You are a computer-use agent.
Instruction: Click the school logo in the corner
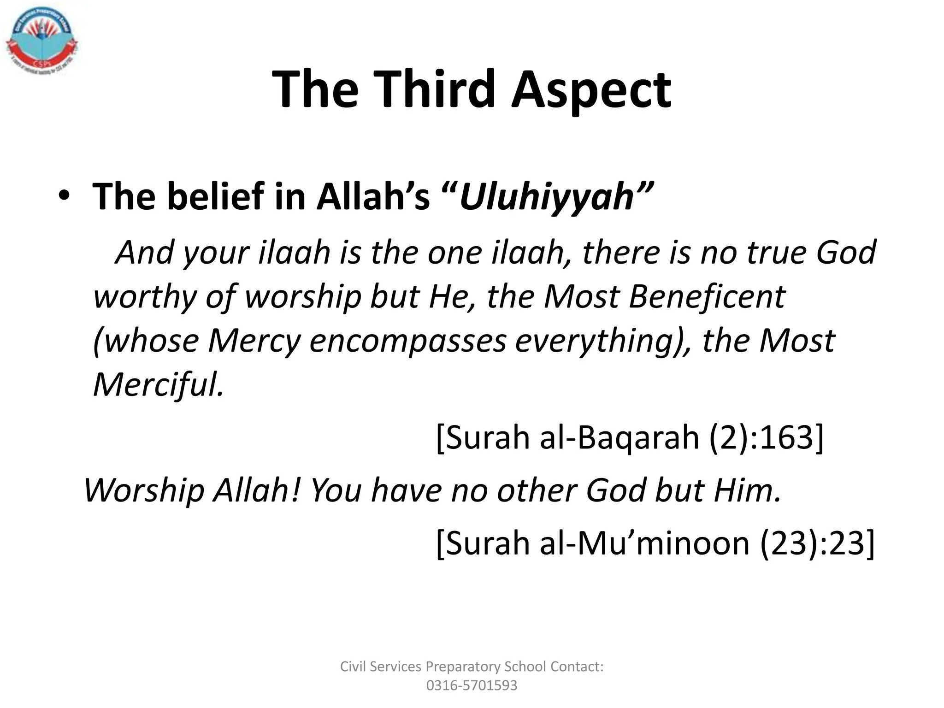click(x=41, y=42)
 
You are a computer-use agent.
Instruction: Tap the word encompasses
click(x=408, y=341)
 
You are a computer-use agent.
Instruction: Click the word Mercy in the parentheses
click(x=254, y=342)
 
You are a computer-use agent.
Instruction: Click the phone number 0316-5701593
click(x=472, y=685)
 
